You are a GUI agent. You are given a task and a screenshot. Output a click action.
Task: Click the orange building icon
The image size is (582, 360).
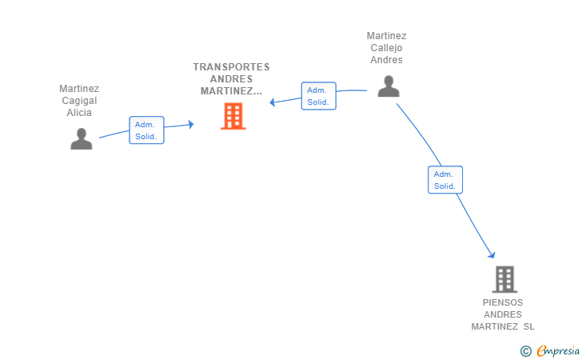[233, 116]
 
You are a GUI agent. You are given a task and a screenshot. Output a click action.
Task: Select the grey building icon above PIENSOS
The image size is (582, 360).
[504, 279]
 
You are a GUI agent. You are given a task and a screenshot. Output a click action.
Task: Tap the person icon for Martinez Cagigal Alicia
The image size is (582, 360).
[82, 138]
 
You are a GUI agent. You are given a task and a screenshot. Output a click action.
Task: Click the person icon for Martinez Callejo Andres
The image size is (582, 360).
[389, 86]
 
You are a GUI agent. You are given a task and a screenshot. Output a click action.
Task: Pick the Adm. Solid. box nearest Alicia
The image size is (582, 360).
[146, 130]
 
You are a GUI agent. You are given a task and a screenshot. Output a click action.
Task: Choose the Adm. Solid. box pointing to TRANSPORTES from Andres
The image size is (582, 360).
[318, 96]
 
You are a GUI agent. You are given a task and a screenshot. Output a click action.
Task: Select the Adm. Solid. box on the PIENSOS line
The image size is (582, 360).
[445, 180]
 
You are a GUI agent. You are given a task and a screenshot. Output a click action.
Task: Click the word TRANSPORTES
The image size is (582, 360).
[231, 67]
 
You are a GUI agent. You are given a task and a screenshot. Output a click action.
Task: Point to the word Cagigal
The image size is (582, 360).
[79, 101]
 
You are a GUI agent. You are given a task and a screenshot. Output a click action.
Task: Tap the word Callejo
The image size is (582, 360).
[386, 48]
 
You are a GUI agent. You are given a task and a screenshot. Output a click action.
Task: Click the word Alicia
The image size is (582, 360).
[79, 113]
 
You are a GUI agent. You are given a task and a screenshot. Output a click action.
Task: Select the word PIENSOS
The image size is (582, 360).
[503, 302]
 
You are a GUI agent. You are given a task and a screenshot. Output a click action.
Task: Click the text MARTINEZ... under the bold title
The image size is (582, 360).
[231, 91]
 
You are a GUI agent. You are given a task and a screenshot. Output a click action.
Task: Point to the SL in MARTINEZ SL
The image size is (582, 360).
[529, 326]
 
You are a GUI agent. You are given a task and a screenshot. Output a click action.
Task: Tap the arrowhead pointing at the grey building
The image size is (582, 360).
[492, 254]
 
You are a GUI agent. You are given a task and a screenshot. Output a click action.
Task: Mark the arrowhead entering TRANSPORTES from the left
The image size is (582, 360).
[191, 124]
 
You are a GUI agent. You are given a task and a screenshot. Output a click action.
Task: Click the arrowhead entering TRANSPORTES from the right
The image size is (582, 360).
[272, 102]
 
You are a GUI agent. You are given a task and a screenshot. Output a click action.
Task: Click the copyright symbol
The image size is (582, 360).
[526, 351]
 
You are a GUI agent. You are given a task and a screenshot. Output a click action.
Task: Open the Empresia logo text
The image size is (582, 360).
[558, 351]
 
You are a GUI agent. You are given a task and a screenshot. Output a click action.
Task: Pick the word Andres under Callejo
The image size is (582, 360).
[386, 60]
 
